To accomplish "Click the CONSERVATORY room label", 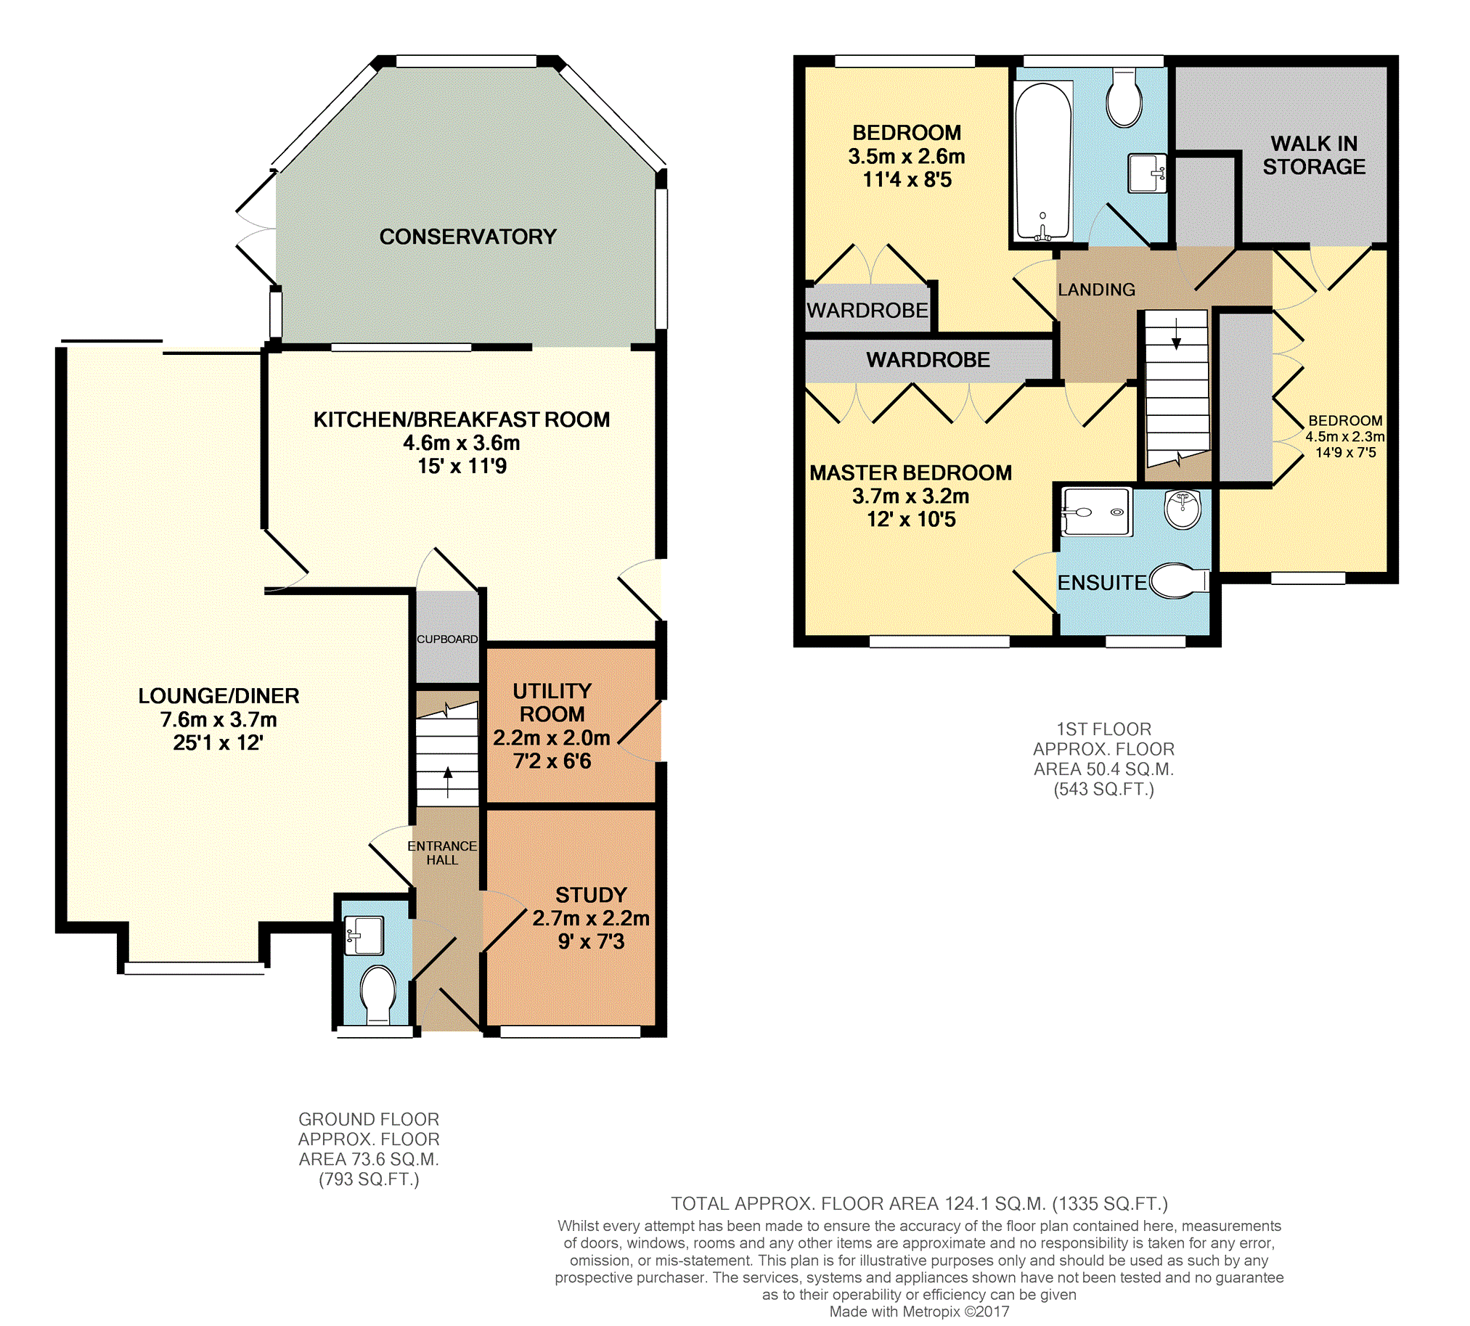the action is (468, 237).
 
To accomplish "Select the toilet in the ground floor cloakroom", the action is (379, 994).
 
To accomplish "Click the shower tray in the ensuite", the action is (1096, 512).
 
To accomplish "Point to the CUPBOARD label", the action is (447, 639).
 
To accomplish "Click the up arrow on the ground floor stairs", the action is (447, 782).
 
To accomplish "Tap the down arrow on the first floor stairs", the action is (1175, 335).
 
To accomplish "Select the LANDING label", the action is (1096, 290).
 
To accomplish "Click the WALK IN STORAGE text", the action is (1314, 155).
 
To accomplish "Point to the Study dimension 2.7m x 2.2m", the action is (591, 918).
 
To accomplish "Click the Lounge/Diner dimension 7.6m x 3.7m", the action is (219, 720).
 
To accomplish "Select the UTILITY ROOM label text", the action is (552, 703).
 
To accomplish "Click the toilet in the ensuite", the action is (1177, 581).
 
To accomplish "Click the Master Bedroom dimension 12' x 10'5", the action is (911, 520).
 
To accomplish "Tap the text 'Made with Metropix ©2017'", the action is (920, 1312).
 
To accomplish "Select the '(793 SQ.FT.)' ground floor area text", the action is (369, 1179).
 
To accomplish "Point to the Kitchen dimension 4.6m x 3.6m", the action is (462, 443).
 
